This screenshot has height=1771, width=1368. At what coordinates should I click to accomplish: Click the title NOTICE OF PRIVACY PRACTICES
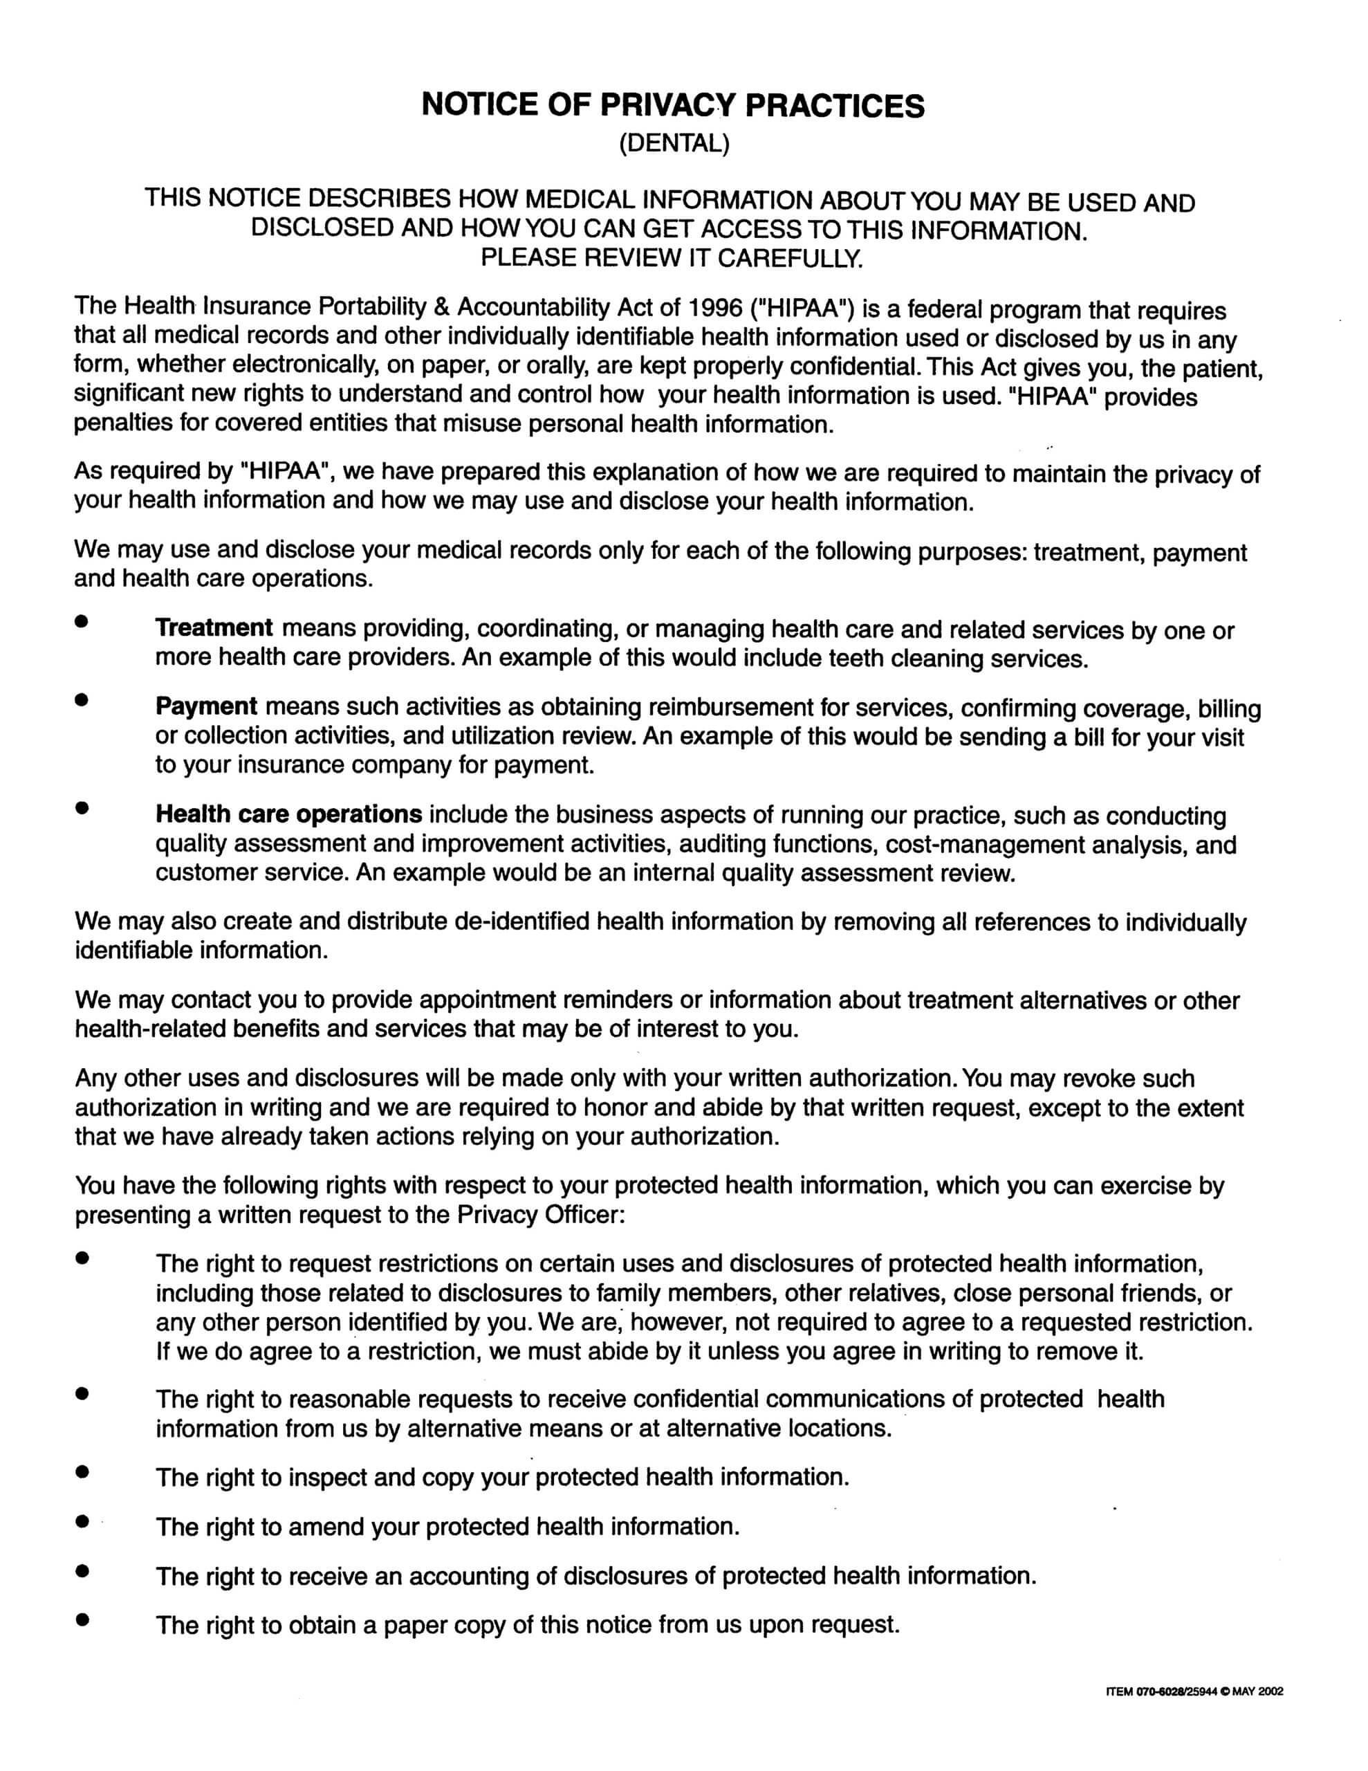[x=672, y=107]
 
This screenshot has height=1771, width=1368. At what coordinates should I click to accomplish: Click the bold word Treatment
[x=214, y=627]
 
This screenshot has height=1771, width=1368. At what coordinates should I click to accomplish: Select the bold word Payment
[x=206, y=706]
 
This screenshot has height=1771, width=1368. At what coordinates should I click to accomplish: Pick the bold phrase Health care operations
[x=288, y=814]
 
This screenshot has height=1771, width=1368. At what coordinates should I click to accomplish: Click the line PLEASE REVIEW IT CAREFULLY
[x=672, y=258]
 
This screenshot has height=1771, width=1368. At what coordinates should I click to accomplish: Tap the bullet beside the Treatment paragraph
[x=80, y=621]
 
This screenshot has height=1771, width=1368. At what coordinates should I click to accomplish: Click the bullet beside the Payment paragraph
[x=80, y=700]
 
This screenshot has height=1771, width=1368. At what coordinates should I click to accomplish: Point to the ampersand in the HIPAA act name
[x=442, y=307]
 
